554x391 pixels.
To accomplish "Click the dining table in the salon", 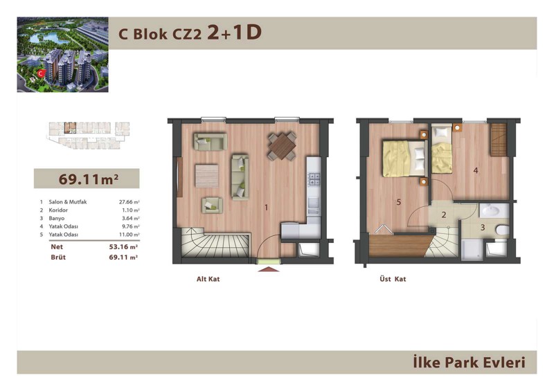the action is tap(282, 146).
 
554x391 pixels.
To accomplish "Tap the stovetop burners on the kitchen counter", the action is tap(314, 179).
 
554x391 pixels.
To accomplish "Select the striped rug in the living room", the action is tap(206, 176).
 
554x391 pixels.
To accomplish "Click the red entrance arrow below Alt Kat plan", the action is tap(269, 269).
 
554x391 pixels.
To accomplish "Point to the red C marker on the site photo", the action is tap(42, 73).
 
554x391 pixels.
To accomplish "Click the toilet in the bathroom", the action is tap(502, 230).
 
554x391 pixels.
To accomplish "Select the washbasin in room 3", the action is tap(494, 211).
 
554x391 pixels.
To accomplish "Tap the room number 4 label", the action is tap(476, 171).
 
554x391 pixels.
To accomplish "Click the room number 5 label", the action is tap(399, 202).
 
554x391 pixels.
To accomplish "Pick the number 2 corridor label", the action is tap(444, 215).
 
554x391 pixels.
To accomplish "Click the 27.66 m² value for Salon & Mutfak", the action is tap(129, 202).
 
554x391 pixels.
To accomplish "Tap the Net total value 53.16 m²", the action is tap(123, 247).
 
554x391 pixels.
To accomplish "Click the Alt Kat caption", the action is tap(208, 279).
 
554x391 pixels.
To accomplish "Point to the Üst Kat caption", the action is tap(393, 279).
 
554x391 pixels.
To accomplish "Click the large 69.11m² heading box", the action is tap(87, 179).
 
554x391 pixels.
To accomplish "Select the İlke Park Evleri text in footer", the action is tap(470, 363).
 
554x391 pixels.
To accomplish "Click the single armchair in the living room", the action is tap(212, 206).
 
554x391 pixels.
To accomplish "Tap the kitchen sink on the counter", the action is tap(314, 203).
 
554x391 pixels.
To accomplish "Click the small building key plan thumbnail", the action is tap(89, 135).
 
